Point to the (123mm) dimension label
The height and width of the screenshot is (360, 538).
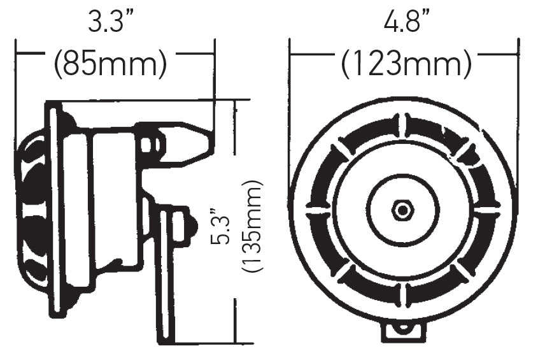(406, 64)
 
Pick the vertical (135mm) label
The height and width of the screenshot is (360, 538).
(253, 226)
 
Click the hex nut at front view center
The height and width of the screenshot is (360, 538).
(402, 210)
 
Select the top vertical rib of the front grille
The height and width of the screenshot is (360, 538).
(402, 125)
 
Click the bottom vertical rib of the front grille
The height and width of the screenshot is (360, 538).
(402, 294)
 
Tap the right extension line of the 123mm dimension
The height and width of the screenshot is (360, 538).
(516, 96)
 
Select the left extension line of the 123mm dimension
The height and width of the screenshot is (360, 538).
(290, 96)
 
